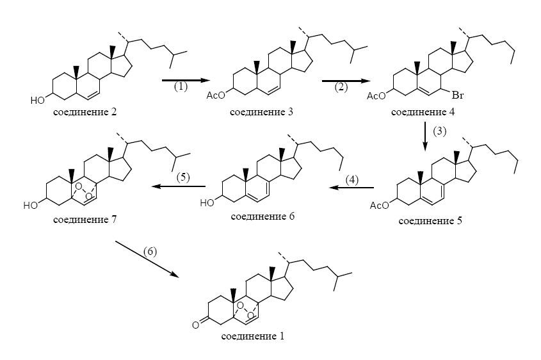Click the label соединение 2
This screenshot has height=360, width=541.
click(x=85, y=112)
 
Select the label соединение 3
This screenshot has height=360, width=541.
click(x=261, y=112)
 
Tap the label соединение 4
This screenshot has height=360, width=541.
click(x=423, y=112)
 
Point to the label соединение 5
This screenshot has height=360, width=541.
click(x=430, y=220)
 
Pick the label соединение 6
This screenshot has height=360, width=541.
click(x=262, y=217)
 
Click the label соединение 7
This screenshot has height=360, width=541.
click(x=85, y=220)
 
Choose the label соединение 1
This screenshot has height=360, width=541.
click(x=253, y=336)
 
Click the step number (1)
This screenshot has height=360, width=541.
click(x=181, y=86)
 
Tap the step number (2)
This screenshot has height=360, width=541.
click(x=341, y=86)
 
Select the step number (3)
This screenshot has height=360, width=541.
click(x=440, y=131)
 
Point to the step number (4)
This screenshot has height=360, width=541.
click(x=352, y=180)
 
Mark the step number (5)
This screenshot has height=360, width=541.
click(x=183, y=177)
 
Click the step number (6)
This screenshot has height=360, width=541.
click(x=150, y=251)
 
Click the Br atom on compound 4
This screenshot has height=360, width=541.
click(x=458, y=95)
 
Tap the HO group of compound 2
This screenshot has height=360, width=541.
click(x=38, y=101)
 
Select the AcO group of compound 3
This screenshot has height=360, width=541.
click(x=216, y=95)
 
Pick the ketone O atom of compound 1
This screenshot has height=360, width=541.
click(x=196, y=325)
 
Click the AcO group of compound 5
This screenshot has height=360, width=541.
click(x=379, y=206)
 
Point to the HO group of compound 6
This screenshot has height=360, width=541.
click(x=207, y=202)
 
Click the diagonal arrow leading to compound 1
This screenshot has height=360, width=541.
click(x=147, y=259)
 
